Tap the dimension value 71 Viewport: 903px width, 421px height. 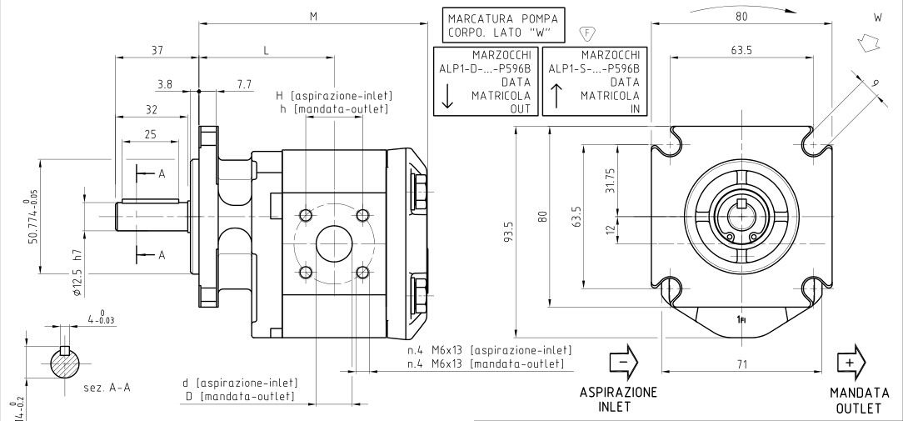pyautogui.click(x=742, y=363)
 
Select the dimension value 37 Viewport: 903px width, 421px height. pyautogui.click(x=157, y=51)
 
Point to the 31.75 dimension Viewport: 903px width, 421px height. pyautogui.click(x=610, y=178)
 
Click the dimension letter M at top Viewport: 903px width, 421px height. pyautogui.click(x=313, y=16)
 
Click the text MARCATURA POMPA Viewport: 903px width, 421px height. pyautogui.click(x=500, y=18)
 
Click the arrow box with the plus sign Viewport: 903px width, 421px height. pyautogui.click(x=850, y=363)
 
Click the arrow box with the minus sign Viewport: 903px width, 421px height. pyautogui.click(x=623, y=363)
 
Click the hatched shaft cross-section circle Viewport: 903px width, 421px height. pyautogui.click(x=66, y=363)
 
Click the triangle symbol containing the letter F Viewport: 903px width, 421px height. pyautogui.click(x=586, y=34)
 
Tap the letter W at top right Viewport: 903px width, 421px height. pyautogui.click(x=876, y=16)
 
